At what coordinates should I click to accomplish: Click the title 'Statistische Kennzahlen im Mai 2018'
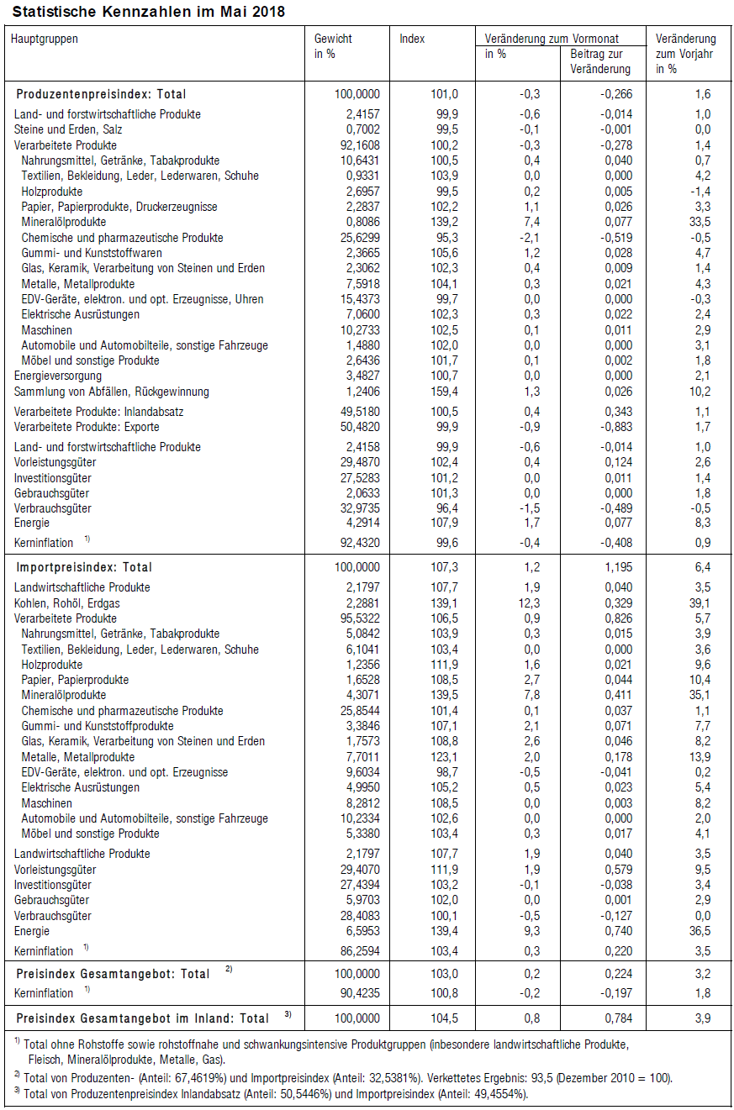pyautogui.click(x=148, y=12)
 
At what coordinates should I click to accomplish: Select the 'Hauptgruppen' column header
pyautogui.click(x=44, y=39)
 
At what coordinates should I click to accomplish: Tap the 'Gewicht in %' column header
pyautogui.click(x=333, y=45)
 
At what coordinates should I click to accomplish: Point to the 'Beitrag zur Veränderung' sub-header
pyautogui.click(x=599, y=61)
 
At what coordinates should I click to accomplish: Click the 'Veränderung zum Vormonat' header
pyautogui.click(x=552, y=39)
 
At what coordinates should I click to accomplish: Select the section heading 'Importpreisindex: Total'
pyautogui.click(x=84, y=567)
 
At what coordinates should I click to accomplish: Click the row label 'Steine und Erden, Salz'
pyautogui.click(x=67, y=129)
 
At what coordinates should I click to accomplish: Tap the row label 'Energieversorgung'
pyautogui.click(x=58, y=376)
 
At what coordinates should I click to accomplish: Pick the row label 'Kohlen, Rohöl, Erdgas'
pyautogui.click(x=66, y=603)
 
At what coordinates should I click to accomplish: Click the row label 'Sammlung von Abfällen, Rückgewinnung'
pyautogui.click(x=112, y=392)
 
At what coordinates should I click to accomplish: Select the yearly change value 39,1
pyautogui.click(x=700, y=603)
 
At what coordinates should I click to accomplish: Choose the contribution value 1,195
pyautogui.click(x=618, y=567)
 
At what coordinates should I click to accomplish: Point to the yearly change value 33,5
pyautogui.click(x=700, y=222)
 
